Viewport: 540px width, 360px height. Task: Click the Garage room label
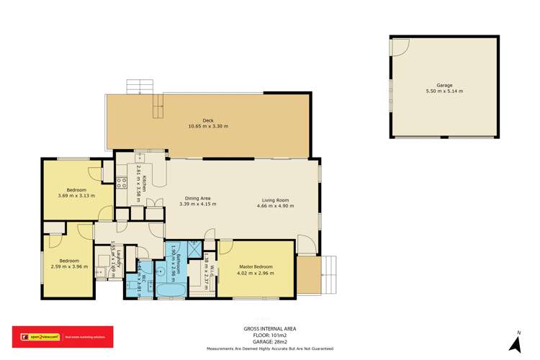(x=444, y=85)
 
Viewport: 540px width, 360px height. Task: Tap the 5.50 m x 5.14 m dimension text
(x=444, y=91)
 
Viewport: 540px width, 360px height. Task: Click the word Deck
(x=208, y=120)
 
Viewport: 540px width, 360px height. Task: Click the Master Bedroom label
(x=257, y=267)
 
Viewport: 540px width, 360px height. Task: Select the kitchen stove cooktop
(x=122, y=182)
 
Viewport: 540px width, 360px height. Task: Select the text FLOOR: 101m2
(x=270, y=335)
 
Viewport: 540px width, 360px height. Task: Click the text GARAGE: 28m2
(x=270, y=341)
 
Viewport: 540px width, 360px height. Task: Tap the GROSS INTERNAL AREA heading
(x=270, y=328)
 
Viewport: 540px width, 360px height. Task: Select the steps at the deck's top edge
(x=135, y=87)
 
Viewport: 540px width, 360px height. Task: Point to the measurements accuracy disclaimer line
(x=270, y=348)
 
